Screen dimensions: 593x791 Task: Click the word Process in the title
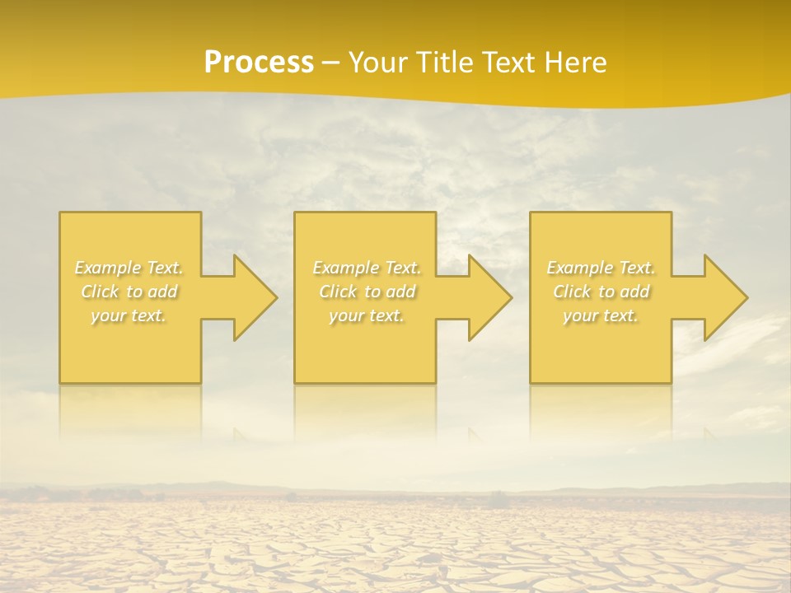point(259,63)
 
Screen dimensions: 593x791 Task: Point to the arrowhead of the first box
point(255,297)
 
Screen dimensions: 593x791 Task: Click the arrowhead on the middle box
point(490,297)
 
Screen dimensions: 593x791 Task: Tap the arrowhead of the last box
point(726,297)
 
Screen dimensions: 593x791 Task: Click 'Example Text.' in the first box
point(129,268)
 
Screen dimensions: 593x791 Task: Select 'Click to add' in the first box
point(129,292)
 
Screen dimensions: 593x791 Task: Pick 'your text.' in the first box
point(129,315)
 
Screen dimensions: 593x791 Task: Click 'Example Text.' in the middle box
point(367,268)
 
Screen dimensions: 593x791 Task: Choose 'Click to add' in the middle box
point(367,292)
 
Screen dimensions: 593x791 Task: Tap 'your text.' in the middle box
point(367,315)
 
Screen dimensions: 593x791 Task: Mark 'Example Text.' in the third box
point(601,268)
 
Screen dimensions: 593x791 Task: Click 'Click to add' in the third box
point(601,292)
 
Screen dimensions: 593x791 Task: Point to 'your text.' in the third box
point(601,315)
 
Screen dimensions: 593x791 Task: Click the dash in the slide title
point(331,63)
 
